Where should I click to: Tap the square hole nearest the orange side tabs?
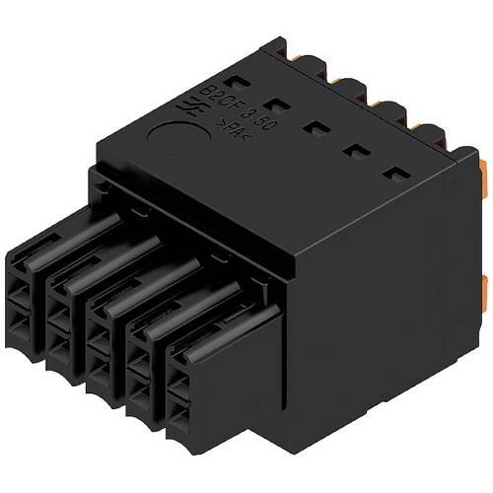pos(395,175)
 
